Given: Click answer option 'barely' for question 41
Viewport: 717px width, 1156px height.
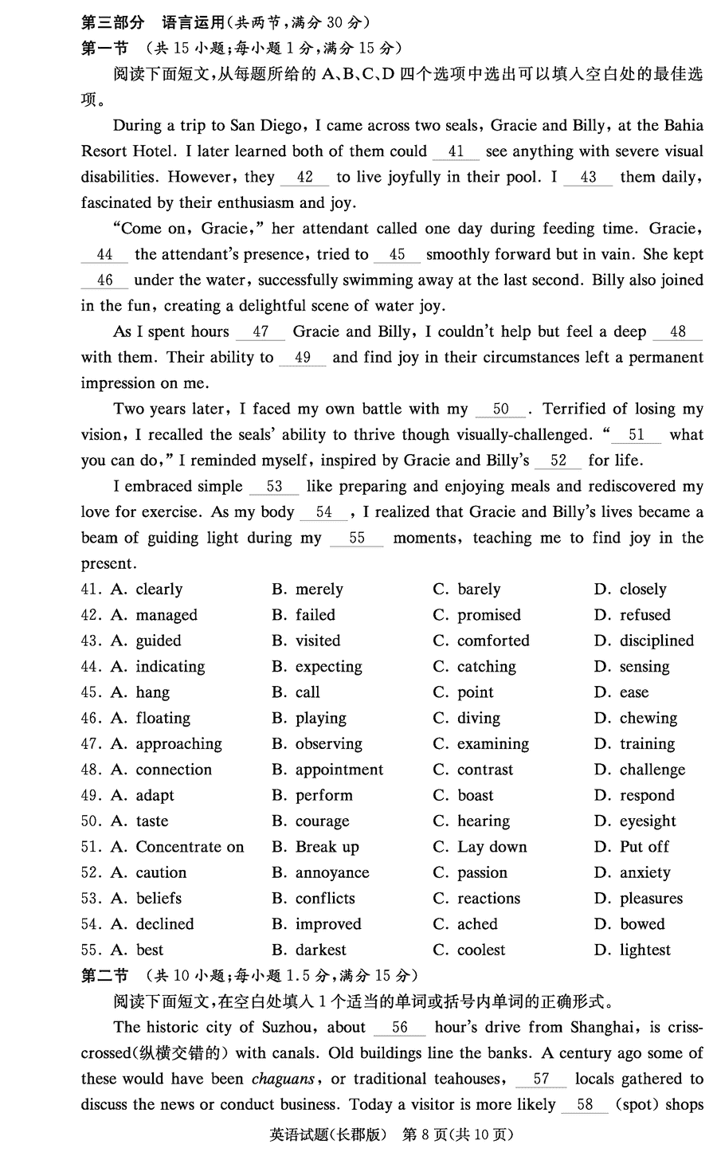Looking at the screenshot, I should click(x=478, y=590).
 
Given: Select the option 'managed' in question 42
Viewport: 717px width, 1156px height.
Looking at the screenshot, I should click(x=166, y=615).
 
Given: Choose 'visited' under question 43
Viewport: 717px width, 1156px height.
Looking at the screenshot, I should click(x=317, y=641).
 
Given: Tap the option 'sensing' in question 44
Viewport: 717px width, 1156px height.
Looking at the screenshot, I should click(x=644, y=667).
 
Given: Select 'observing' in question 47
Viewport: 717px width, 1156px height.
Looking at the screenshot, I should click(x=328, y=744).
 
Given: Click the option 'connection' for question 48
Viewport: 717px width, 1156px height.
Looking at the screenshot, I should click(x=174, y=770).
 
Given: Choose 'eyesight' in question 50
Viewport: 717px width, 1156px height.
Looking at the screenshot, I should click(x=647, y=821).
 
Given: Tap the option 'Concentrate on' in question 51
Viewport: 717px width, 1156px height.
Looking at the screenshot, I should click(x=190, y=847).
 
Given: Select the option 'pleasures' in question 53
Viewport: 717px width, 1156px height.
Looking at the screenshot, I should click(x=651, y=899).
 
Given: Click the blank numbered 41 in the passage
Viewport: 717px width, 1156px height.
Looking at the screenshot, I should click(x=456, y=151).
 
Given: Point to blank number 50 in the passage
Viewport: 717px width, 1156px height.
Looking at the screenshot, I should click(x=500, y=409).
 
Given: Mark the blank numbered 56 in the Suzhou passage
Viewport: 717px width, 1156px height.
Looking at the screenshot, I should click(x=399, y=1028).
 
